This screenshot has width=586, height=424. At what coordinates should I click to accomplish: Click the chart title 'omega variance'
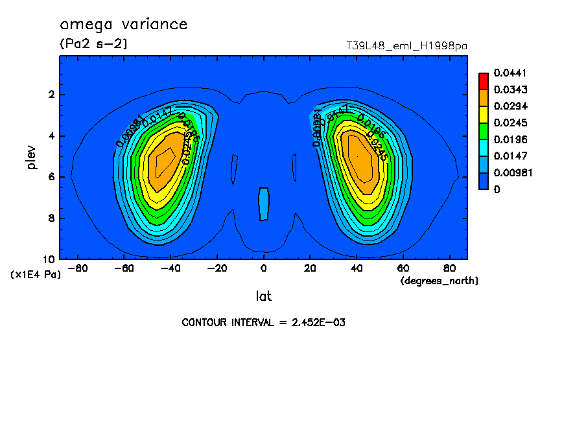[x=123, y=25]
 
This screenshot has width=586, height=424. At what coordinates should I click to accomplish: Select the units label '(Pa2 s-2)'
[x=93, y=44]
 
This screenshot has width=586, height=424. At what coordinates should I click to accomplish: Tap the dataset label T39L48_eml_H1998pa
[x=407, y=46]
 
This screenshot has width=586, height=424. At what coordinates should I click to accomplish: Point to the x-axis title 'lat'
[x=263, y=296]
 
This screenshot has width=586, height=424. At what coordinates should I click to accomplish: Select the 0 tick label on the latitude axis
[x=263, y=268]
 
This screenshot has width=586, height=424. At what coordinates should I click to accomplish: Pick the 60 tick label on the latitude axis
[x=403, y=268]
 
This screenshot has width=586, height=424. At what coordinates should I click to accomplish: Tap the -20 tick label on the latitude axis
[x=217, y=268]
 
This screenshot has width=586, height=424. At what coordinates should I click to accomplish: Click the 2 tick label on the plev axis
[x=51, y=95]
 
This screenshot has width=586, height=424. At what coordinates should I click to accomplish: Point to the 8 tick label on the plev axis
[x=51, y=218]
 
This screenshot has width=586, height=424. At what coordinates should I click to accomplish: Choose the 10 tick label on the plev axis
[x=49, y=259]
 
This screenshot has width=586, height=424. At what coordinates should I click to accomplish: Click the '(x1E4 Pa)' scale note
[x=36, y=275]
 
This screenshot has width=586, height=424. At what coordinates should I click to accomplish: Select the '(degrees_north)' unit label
[x=439, y=280]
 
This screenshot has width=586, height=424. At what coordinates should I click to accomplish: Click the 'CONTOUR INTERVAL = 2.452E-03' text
[x=263, y=322]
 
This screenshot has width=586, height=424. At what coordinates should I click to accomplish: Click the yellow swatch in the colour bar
[x=484, y=114]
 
